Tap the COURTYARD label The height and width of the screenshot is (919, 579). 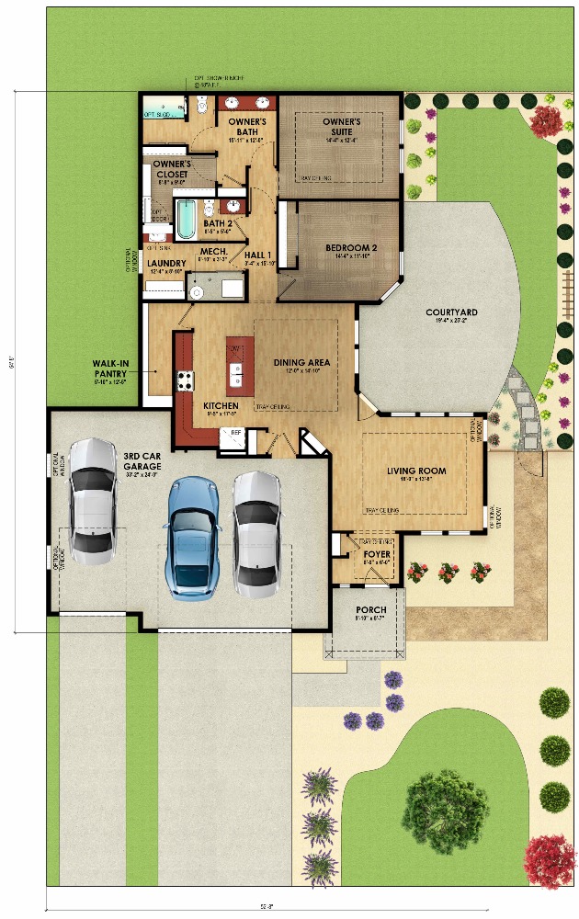tap(451, 312)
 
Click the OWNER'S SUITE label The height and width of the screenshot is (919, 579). tap(341, 121)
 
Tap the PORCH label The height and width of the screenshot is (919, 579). tap(370, 610)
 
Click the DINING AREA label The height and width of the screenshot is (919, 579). tap(301, 362)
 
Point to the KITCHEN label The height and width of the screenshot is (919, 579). tap(221, 405)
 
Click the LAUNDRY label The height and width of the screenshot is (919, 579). tap(166, 264)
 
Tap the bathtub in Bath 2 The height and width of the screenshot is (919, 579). tap(187, 219)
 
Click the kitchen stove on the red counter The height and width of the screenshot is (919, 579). tap(185, 380)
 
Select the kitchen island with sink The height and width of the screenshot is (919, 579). tap(235, 361)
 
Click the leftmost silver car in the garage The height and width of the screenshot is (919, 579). tap(93, 501)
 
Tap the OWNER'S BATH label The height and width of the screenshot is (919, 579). tap(246, 127)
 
